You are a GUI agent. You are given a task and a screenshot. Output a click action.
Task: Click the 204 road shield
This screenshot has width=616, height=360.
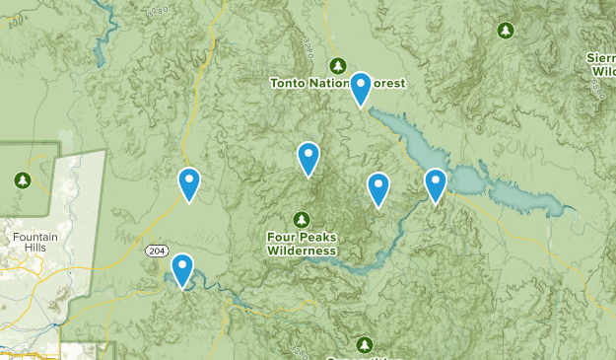click(157, 252)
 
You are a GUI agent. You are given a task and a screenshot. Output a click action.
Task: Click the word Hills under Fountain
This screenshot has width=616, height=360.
click(36, 250)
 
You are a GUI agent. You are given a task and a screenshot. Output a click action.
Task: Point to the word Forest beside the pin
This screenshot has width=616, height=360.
click(387, 84)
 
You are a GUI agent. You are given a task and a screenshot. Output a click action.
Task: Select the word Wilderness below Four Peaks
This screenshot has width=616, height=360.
click(302, 251)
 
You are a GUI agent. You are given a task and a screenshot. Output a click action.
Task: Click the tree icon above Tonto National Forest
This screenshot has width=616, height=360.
click(338, 66)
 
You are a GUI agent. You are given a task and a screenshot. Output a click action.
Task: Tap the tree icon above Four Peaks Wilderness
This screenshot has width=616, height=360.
click(302, 219)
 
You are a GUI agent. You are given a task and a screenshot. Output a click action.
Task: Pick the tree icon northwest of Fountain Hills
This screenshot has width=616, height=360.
click(23, 180)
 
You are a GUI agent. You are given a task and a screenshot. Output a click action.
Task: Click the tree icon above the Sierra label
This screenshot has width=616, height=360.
click(506, 31)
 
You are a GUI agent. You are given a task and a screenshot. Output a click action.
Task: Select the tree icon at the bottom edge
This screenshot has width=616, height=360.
click(366, 344)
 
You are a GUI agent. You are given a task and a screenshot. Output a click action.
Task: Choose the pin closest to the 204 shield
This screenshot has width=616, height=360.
click(182, 270)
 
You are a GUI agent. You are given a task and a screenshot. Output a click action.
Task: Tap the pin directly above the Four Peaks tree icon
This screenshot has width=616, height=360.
click(308, 159)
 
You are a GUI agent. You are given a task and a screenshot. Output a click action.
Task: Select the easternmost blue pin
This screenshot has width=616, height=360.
click(435, 184)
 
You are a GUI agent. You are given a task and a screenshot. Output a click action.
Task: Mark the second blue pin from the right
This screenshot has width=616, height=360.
click(377, 189)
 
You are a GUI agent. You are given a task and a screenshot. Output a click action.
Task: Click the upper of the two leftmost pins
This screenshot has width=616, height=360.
click(188, 183)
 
